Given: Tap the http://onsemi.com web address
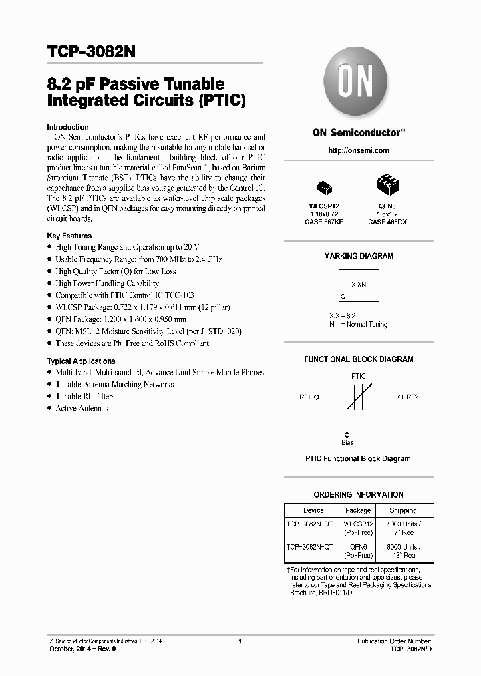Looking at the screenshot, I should click(x=358, y=150).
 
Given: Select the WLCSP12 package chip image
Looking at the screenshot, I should click(x=325, y=185).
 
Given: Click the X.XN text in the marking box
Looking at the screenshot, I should click(x=358, y=285).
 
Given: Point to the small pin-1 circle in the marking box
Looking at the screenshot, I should click(x=343, y=296).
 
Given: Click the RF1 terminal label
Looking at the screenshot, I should click(x=305, y=397).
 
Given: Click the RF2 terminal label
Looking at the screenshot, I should click(x=412, y=397).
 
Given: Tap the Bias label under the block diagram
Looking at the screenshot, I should click(x=347, y=442).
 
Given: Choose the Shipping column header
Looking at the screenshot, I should click(x=404, y=510).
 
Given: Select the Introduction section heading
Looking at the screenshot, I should click(x=67, y=127).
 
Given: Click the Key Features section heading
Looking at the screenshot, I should click(x=69, y=236).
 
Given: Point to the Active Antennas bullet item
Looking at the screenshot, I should click(x=82, y=408).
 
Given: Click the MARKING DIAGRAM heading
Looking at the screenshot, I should click(x=358, y=256).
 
